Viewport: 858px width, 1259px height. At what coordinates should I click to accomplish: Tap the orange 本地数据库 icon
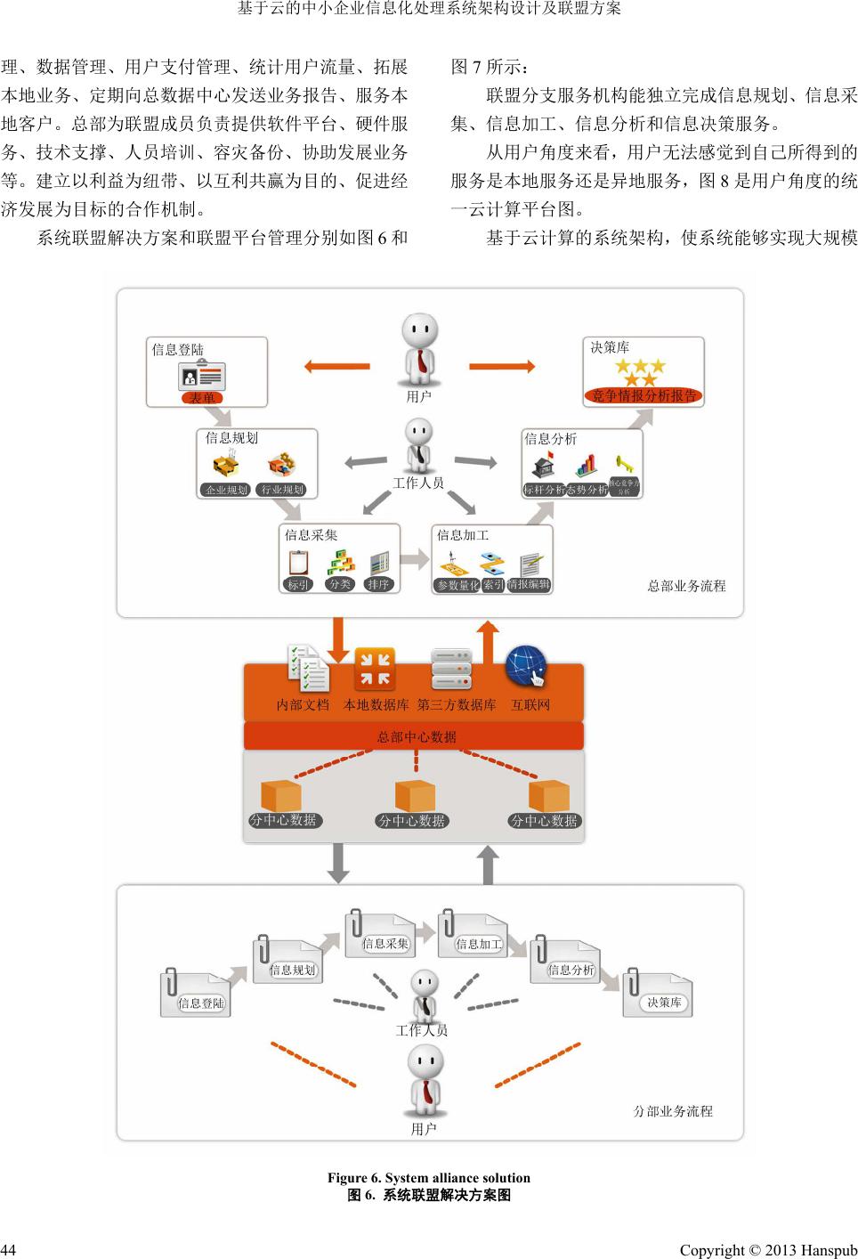(x=375, y=670)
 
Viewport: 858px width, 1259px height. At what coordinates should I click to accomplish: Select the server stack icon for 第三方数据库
(x=451, y=670)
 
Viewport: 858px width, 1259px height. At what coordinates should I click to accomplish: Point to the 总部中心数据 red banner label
(x=417, y=736)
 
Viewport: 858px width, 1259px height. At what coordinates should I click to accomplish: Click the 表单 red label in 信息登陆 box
(x=203, y=397)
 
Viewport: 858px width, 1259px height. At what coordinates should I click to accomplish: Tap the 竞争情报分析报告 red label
(x=643, y=395)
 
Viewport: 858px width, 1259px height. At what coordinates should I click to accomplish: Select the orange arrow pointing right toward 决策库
(x=502, y=366)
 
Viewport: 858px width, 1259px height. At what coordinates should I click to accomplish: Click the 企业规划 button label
(x=226, y=490)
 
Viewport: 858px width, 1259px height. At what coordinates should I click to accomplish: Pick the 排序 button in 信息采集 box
(x=378, y=585)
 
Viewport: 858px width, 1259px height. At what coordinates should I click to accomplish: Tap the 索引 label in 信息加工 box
(x=493, y=585)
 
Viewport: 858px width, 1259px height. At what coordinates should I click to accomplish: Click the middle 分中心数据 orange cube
(x=414, y=795)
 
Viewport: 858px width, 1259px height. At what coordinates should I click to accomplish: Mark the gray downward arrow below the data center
(x=338, y=863)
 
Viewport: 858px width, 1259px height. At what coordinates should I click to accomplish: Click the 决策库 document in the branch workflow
(x=659, y=995)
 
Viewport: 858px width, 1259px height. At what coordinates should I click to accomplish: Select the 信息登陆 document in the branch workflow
(x=197, y=995)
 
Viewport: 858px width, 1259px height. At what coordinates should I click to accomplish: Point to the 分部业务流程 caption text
(x=673, y=1111)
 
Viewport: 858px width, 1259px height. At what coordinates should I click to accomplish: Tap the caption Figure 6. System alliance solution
(x=428, y=1178)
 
